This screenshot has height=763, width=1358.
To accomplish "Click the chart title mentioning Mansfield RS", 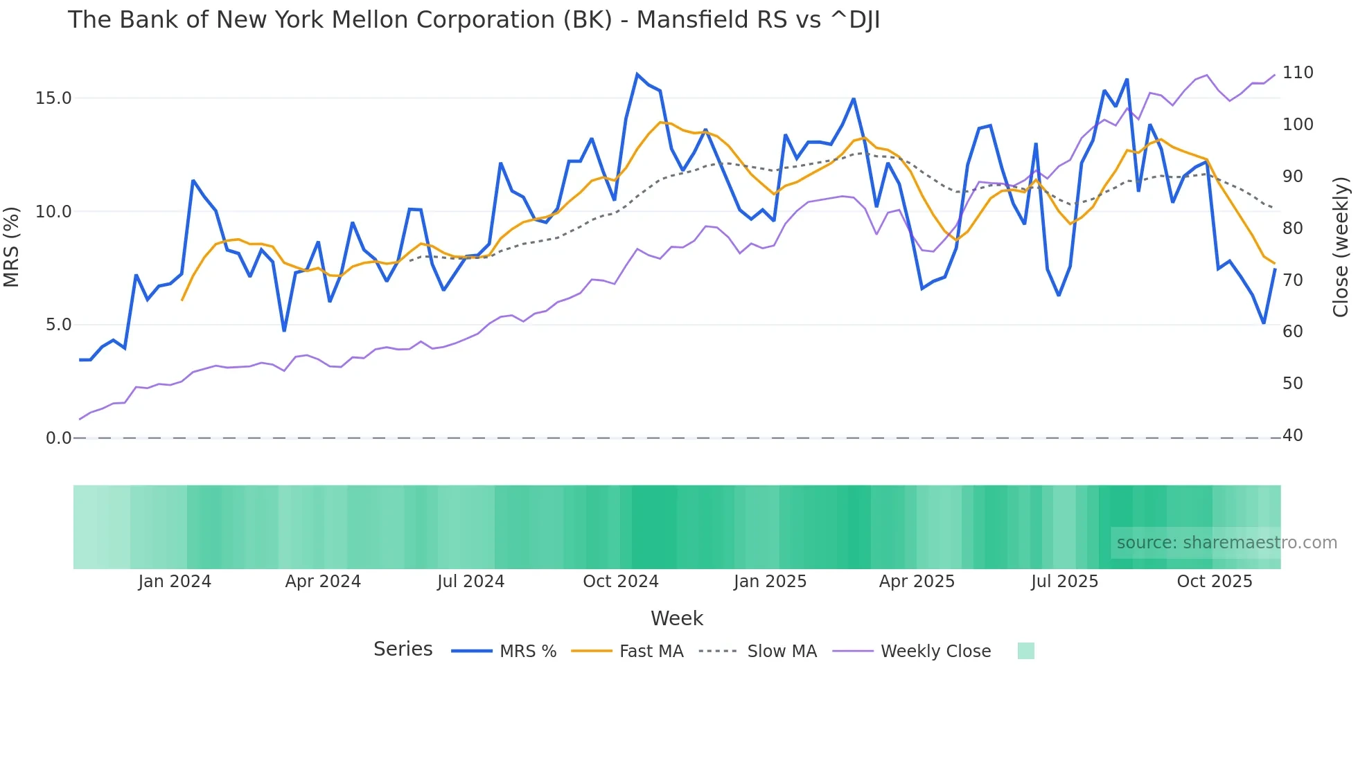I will [x=474, y=20].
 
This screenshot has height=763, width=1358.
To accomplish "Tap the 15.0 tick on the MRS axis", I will [x=53, y=98].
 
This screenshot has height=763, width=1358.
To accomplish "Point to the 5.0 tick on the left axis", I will [x=58, y=325].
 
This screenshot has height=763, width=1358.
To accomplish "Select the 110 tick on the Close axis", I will [x=1298, y=73].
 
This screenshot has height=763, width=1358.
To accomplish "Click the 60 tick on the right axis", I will [x=1293, y=332].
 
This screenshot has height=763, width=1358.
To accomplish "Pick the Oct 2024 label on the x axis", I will [x=621, y=582].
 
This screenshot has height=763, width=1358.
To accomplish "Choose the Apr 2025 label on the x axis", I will [x=917, y=582].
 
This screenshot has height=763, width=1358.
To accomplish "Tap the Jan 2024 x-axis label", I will [x=175, y=582].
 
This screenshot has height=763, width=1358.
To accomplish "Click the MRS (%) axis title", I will [x=12, y=247].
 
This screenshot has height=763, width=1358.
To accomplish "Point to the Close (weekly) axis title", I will [x=1341, y=247].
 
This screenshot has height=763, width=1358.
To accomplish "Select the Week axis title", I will [x=677, y=618].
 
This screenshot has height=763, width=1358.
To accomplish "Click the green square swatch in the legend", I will [x=1026, y=651].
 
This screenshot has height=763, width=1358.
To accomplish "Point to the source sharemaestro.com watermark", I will [x=1226, y=543].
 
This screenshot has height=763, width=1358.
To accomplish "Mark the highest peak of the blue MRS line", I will [x=637, y=74].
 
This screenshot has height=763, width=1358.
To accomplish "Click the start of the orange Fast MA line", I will [x=182, y=300].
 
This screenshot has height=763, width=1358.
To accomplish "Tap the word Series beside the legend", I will [x=403, y=649].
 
